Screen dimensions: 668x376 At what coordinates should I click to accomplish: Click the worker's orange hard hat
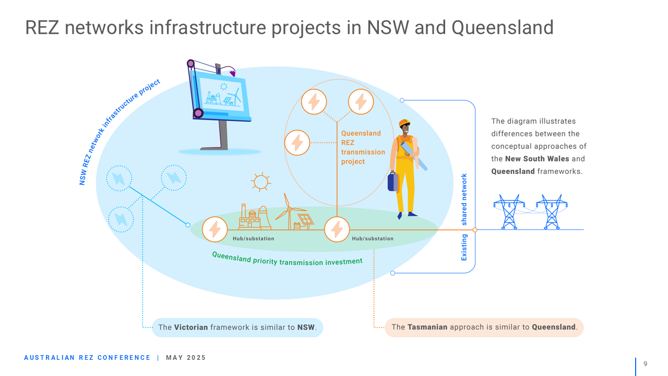click(x=404, y=123)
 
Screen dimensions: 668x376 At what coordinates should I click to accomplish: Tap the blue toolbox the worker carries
click(x=393, y=182)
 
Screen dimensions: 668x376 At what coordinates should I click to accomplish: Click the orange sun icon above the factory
click(x=261, y=182)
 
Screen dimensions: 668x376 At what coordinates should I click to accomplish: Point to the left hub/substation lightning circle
click(x=214, y=229)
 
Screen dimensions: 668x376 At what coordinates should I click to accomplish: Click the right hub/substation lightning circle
click(x=337, y=229)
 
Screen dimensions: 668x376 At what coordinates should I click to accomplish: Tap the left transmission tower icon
click(x=509, y=211)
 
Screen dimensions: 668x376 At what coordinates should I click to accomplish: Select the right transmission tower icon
click(x=552, y=211)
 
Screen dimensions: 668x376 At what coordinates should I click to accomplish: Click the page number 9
click(x=646, y=364)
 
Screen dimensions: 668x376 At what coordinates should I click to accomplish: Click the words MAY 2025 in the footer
click(x=186, y=358)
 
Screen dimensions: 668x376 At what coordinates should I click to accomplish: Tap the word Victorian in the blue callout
click(x=191, y=327)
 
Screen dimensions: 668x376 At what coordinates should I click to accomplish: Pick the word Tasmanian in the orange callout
click(x=427, y=327)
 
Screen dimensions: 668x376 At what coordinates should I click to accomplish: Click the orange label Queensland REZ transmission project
click(x=363, y=147)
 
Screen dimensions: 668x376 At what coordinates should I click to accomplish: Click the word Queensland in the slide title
click(x=503, y=28)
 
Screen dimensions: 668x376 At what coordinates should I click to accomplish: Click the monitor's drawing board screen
click(x=222, y=94)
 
